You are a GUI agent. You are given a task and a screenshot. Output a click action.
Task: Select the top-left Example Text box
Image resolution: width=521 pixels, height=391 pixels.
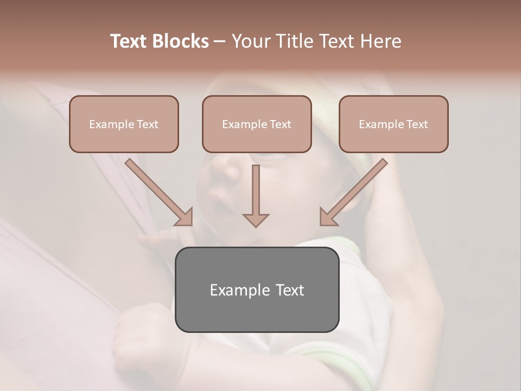pyautogui.click(x=124, y=124)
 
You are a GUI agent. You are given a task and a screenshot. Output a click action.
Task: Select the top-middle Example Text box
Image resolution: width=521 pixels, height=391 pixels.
pyautogui.click(x=257, y=124)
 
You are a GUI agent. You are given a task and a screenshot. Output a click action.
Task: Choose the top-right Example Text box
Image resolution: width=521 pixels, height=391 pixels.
pyautogui.click(x=393, y=124)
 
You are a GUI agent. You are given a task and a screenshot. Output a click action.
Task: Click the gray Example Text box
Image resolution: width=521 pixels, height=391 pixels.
pyautogui.click(x=257, y=290)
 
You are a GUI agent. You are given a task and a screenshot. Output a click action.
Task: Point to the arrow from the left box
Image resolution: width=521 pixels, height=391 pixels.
pyautogui.click(x=157, y=191)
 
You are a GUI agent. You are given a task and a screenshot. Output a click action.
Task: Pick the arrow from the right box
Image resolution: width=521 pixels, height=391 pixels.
pyautogui.click(x=355, y=191)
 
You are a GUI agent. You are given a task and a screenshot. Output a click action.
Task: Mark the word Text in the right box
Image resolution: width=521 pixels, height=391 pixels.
pyautogui.click(x=417, y=124)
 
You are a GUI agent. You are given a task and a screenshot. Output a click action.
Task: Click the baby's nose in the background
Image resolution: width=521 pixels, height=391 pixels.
pyautogui.click(x=224, y=169)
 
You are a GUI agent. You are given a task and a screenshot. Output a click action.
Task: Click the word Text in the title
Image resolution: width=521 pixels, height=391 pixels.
pyautogui.click(x=130, y=41)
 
